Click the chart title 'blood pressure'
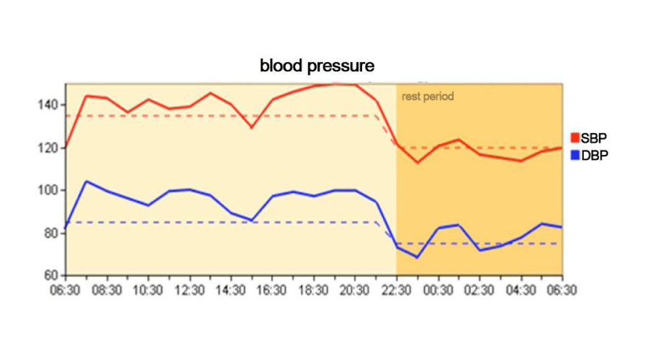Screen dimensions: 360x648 coord(317,66)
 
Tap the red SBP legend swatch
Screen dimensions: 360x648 coord(575,138)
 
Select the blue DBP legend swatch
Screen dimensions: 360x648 coord(575,155)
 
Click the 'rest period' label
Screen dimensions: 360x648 coord(428,96)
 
